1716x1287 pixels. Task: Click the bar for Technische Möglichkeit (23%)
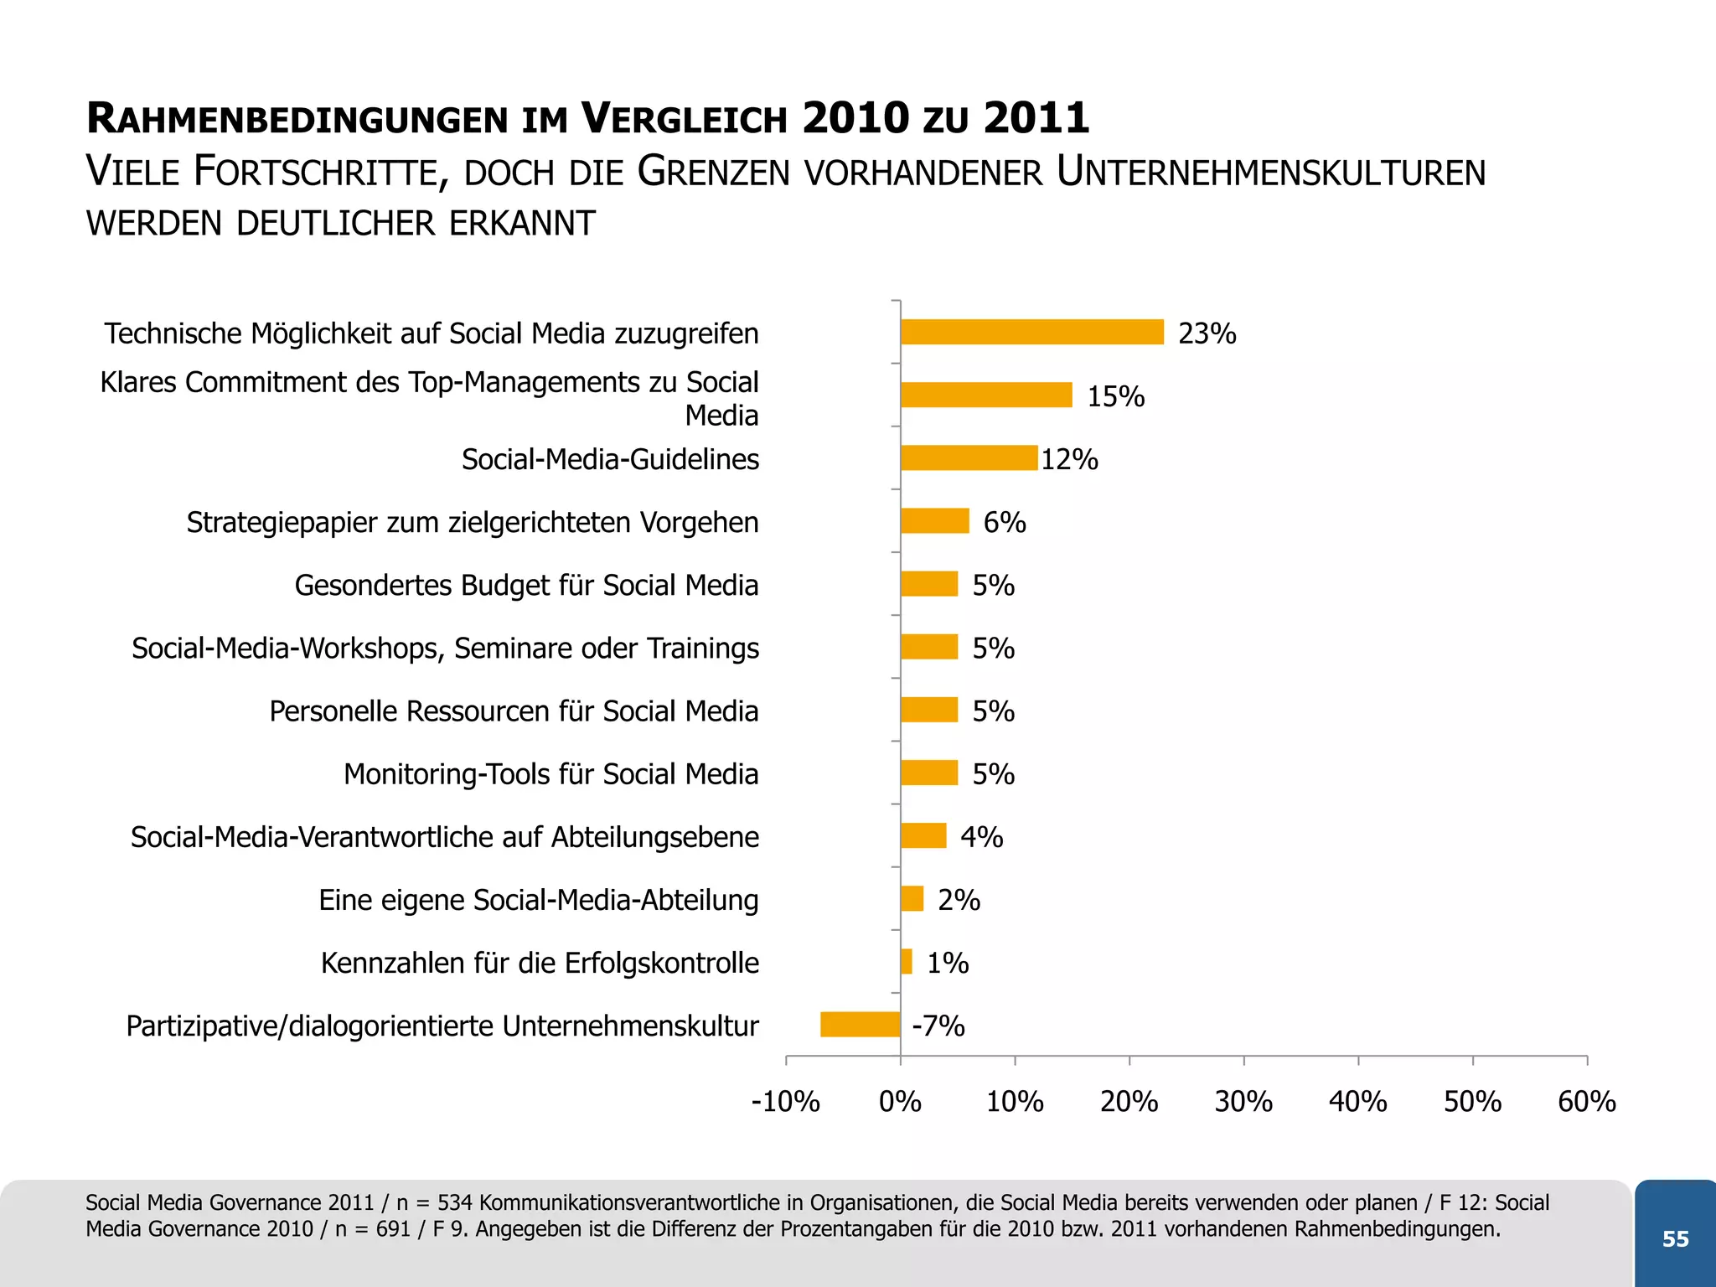[x=1032, y=332]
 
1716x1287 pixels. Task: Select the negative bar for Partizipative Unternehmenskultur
[x=861, y=1024]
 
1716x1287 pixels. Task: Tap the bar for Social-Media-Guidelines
[x=969, y=457]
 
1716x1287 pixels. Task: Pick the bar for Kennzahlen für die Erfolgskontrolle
[x=907, y=961]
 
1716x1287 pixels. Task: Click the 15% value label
[x=1115, y=396]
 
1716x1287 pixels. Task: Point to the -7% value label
[x=938, y=1026]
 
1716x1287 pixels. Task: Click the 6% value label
[x=1004, y=522]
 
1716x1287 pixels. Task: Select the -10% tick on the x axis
[x=786, y=1101]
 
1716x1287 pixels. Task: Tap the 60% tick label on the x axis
[x=1586, y=1101]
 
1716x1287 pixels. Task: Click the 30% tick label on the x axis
[x=1243, y=1101]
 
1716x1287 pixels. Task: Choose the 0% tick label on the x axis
[x=900, y=1101]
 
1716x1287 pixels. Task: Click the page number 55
[x=1675, y=1239]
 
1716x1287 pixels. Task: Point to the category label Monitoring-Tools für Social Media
[x=550, y=774]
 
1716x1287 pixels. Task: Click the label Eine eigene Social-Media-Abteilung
[x=538, y=900]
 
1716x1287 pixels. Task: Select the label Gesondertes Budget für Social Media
[x=526, y=585]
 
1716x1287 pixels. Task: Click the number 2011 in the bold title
[x=1036, y=117]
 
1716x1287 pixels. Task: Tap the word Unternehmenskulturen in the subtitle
[x=1270, y=172]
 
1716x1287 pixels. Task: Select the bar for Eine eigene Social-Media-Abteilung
[x=912, y=898]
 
